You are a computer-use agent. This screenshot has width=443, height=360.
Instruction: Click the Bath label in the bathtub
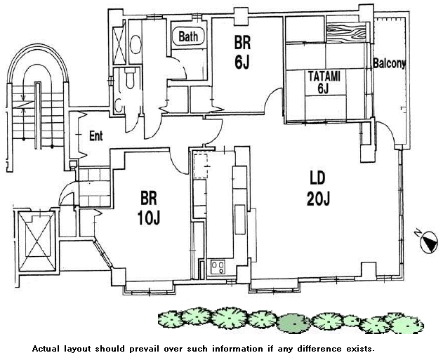pyautogui.click(x=188, y=36)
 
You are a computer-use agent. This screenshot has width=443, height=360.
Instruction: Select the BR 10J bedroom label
pyautogui.click(x=149, y=208)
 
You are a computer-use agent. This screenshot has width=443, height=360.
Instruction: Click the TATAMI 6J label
pyautogui.click(x=324, y=82)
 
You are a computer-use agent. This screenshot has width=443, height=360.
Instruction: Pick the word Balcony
pyautogui.click(x=390, y=64)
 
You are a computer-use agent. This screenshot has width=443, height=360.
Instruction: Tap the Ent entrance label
pyautogui.click(x=95, y=136)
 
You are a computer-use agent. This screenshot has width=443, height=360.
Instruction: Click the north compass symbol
pyautogui.click(x=428, y=242)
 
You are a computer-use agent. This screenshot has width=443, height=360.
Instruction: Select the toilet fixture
pyautogui.click(x=130, y=79)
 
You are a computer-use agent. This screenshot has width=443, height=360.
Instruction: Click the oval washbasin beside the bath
pyautogui.click(x=135, y=44)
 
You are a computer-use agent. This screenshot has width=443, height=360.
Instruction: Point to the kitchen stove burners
pyautogui.click(x=218, y=267)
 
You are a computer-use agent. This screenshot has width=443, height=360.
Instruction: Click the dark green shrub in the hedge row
pyautogui.click(x=293, y=323)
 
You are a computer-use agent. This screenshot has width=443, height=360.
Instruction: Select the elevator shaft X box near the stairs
pyautogui.click(x=37, y=241)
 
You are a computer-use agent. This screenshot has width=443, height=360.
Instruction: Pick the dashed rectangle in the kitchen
pyautogui.click(x=201, y=165)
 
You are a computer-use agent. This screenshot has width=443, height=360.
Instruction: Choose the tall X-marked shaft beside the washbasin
pyautogui.click(x=119, y=42)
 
